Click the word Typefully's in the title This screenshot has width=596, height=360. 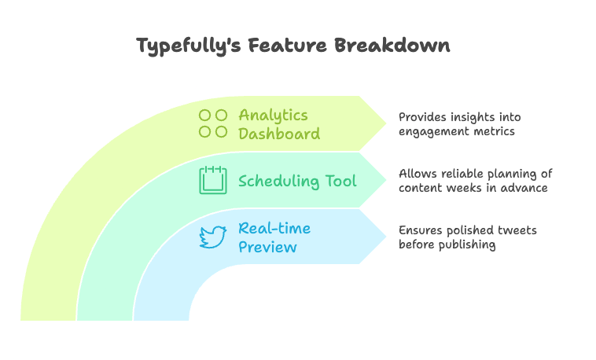189,46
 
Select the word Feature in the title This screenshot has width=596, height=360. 287,45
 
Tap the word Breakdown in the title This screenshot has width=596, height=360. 392,45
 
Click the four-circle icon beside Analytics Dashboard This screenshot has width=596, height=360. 213,123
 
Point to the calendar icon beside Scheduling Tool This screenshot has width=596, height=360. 213,180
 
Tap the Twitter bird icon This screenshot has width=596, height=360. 213,237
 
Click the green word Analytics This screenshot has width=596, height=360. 273,116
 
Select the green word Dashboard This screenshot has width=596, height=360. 279,134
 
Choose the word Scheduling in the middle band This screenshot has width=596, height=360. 278,182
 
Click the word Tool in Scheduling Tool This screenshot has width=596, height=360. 340,181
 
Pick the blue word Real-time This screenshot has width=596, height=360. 274,229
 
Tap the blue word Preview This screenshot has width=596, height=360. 267,248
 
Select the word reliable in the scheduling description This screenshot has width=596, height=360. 461,174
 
